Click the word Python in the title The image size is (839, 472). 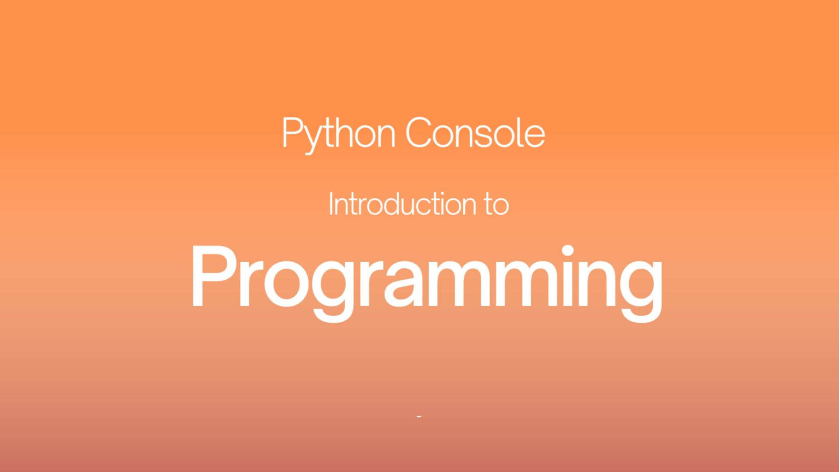[x=338, y=133]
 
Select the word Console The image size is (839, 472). [x=475, y=133]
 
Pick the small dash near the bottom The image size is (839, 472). [x=419, y=417]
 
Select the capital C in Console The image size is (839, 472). [x=418, y=133]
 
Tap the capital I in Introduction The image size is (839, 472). [x=330, y=204]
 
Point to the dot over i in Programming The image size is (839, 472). [x=568, y=250]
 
